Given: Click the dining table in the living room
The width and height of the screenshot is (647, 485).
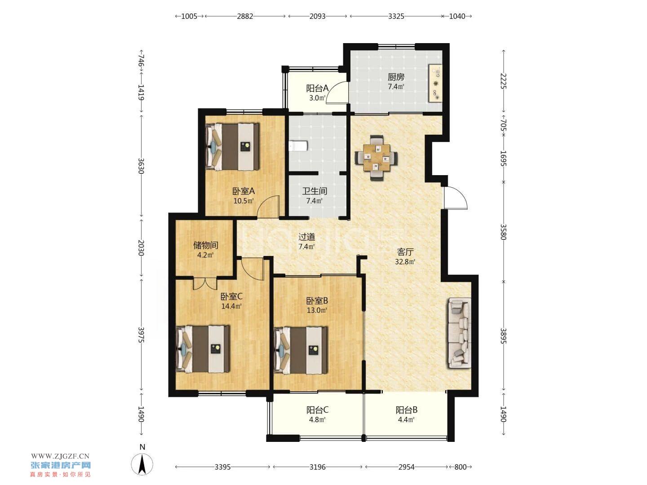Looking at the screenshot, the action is pyautogui.click(x=377, y=158).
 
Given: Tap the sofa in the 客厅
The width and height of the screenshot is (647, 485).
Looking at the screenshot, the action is pyautogui.click(x=460, y=333).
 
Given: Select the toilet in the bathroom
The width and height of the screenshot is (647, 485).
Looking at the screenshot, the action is pyautogui.click(x=298, y=146).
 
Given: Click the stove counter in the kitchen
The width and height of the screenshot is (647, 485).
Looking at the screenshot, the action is pyautogui.click(x=435, y=84).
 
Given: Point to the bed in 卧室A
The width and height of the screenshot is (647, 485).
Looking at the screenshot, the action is pyautogui.click(x=233, y=146).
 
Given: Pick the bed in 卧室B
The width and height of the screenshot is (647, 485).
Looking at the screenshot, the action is pyautogui.click(x=301, y=350).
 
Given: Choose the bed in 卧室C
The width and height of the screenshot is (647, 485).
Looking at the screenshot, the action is pyautogui.click(x=203, y=349).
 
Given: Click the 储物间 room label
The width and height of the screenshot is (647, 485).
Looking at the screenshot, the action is pyautogui.click(x=205, y=245).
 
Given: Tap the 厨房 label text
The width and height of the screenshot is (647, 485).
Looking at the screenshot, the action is pyautogui.click(x=396, y=77).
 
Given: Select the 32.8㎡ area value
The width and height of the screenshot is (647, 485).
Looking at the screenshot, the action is pyautogui.click(x=405, y=261).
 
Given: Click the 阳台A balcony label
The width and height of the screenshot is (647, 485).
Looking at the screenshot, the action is pyautogui.click(x=318, y=88).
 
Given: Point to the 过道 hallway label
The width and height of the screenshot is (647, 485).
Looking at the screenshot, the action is pyautogui.click(x=307, y=237).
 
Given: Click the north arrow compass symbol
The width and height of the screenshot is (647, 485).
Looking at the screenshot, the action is pyautogui.click(x=142, y=464).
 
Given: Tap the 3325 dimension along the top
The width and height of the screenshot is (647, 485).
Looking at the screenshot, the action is pyautogui.click(x=396, y=16).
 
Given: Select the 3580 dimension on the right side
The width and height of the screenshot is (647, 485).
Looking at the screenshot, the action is pyautogui.click(x=503, y=232).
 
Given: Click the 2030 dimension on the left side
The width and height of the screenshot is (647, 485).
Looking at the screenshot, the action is pyautogui.click(x=141, y=247).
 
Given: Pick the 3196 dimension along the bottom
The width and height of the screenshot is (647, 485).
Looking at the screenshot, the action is pyautogui.click(x=318, y=467).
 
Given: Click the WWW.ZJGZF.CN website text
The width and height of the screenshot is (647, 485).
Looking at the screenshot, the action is pyautogui.click(x=60, y=456).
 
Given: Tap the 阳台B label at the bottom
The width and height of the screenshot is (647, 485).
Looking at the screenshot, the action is pyautogui.click(x=407, y=410).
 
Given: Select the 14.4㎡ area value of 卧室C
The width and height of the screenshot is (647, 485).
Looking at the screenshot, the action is pyautogui.click(x=231, y=306).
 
